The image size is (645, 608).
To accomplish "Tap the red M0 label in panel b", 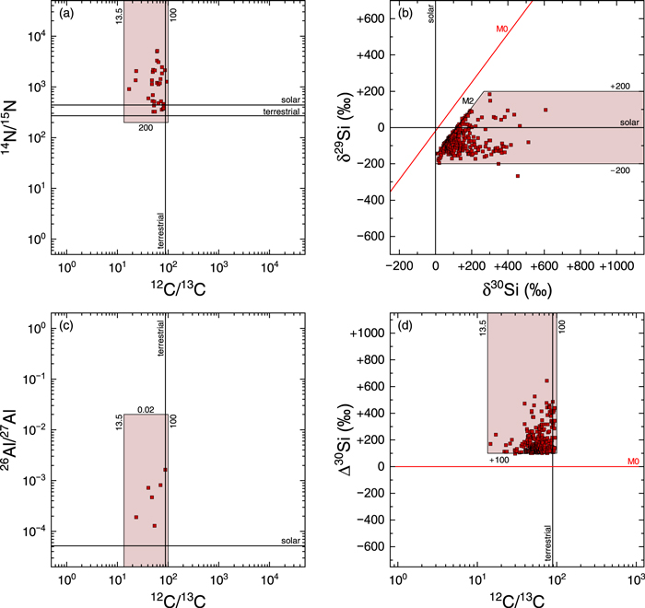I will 502,29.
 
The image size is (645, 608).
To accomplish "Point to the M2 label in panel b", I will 468,100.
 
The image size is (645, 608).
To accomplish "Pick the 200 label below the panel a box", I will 145,127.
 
